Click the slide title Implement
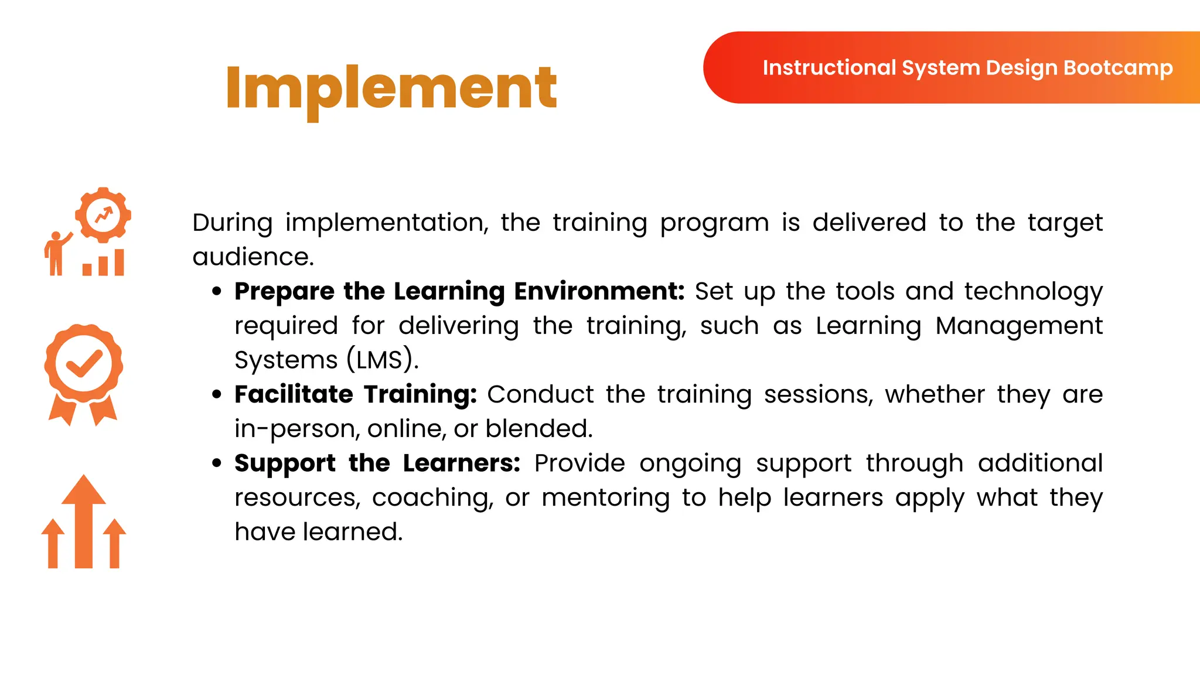coord(391,88)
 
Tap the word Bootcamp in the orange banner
coord(1117,68)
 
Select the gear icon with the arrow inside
coord(103,215)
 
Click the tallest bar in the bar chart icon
coord(120,262)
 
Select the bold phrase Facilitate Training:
coord(356,394)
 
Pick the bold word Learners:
coord(462,463)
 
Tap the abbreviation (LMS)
coord(382,360)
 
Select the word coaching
coord(432,498)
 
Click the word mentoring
coord(605,498)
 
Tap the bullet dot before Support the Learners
coord(217,463)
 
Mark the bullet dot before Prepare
coord(217,291)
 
